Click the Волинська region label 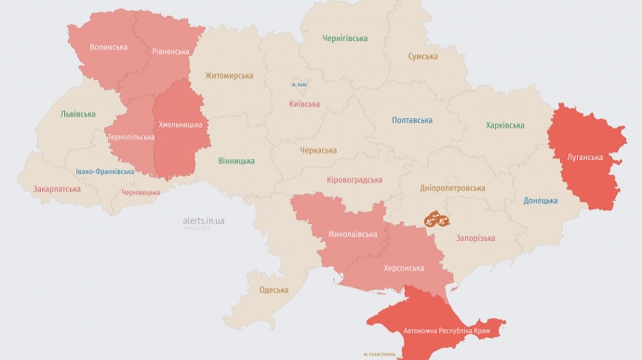tap(109, 47)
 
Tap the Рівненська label tap(173, 52)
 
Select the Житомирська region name tap(229, 75)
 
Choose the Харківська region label tap(505, 125)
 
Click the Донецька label tap(541, 200)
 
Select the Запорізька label tap(475, 238)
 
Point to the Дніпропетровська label tap(452, 187)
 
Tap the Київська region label tap(305, 105)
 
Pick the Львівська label tap(78, 113)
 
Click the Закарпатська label tap(57, 189)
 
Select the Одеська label tap(274, 290)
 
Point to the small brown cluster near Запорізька tap(437, 220)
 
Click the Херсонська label tap(404, 268)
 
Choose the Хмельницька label tap(182, 124)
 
